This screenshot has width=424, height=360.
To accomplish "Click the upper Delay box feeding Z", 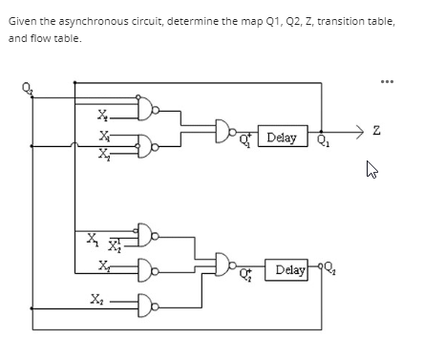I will click(x=283, y=138).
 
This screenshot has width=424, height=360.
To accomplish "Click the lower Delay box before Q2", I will click(x=287, y=270).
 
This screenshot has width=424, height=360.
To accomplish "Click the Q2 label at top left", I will click(x=25, y=92).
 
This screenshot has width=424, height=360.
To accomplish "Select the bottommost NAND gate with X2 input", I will click(x=144, y=306).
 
